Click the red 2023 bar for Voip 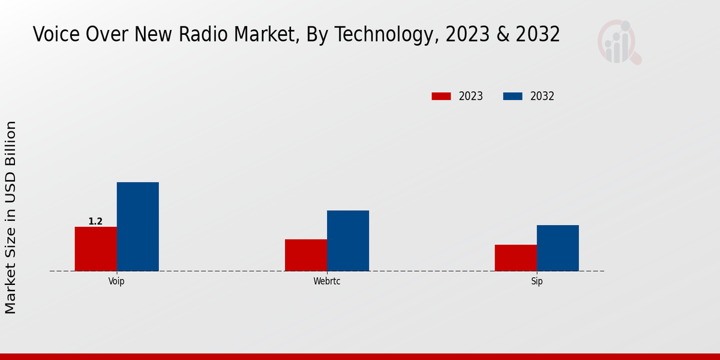95,248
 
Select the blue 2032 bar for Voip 137,226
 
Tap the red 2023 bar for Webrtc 306,255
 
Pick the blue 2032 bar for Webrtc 348,241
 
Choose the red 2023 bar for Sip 515,257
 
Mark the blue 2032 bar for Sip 557,248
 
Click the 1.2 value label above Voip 95,221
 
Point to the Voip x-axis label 116,281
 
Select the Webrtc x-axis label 326,281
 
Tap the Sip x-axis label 536,281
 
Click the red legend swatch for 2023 441,96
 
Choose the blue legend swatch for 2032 512,96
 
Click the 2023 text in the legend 471,96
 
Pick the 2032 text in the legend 542,96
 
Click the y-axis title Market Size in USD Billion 11,217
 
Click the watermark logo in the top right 619,42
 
